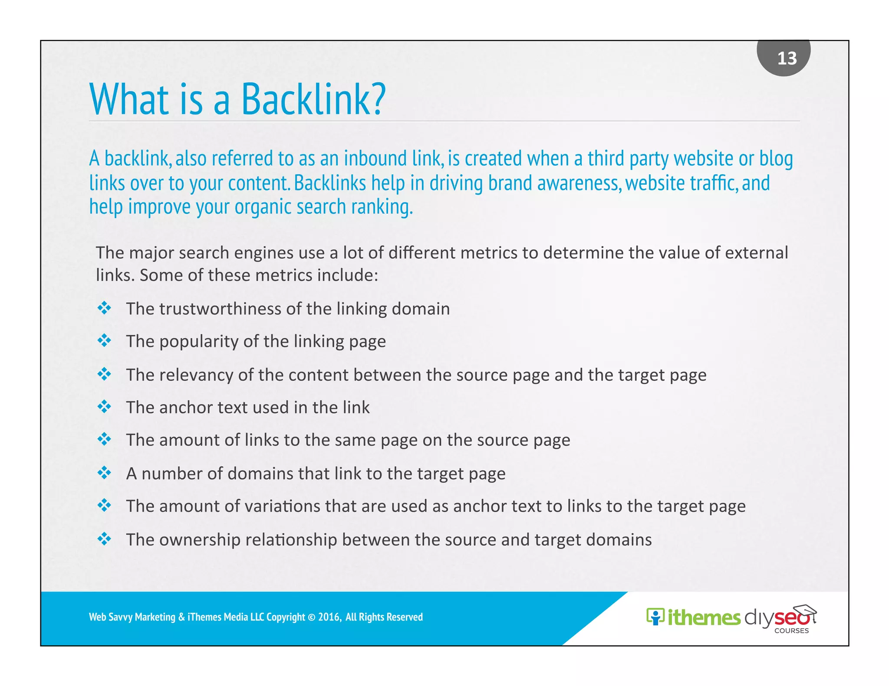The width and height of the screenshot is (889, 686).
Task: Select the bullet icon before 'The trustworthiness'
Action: (104, 308)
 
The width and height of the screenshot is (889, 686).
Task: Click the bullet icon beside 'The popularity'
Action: (104, 341)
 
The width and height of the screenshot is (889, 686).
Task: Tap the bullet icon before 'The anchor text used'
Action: (104, 407)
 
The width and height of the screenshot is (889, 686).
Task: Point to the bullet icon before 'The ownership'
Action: (104, 539)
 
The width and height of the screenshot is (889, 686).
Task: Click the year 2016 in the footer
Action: (329, 617)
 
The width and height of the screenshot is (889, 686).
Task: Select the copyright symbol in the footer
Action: (311, 617)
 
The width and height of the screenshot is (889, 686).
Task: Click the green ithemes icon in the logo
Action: (655, 617)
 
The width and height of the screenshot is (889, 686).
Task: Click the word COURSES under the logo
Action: (791, 631)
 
